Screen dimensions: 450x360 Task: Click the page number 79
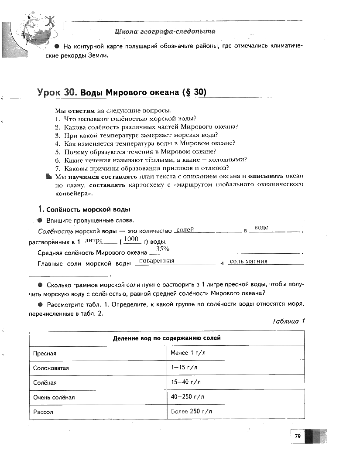pyautogui.click(x=298, y=436)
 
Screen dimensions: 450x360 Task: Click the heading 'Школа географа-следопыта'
pyautogui.click(x=165, y=31)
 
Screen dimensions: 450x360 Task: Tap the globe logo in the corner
pyautogui.click(x=35, y=33)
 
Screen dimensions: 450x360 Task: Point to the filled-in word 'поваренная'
pyautogui.click(x=156, y=261)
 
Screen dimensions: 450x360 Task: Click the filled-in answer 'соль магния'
pyautogui.click(x=248, y=261)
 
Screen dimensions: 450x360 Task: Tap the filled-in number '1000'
pyautogui.click(x=131, y=239)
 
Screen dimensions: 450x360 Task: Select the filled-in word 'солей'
pyautogui.click(x=185, y=229)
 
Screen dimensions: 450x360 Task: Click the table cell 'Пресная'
pyautogui.click(x=45, y=353)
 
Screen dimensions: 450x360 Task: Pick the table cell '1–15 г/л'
pyautogui.click(x=184, y=368)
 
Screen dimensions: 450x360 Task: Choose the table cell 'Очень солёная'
pyautogui.click(x=54, y=397)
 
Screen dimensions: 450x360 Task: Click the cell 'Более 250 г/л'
pyautogui.click(x=192, y=411)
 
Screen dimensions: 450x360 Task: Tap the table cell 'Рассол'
pyautogui.click(x=43, y=412)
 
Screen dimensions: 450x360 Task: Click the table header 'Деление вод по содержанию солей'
pyautogui.click(x=167, y=338)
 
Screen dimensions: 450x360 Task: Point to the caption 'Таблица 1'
pyautogui.click(x=288, y=321)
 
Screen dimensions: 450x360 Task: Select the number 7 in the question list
pyautogui.click(x=57, y=168)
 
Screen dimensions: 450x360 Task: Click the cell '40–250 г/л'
pyautogui.click(x=188, y=397)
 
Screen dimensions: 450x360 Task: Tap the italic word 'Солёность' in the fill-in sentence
pyautogui.click(x=55, y=232)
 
